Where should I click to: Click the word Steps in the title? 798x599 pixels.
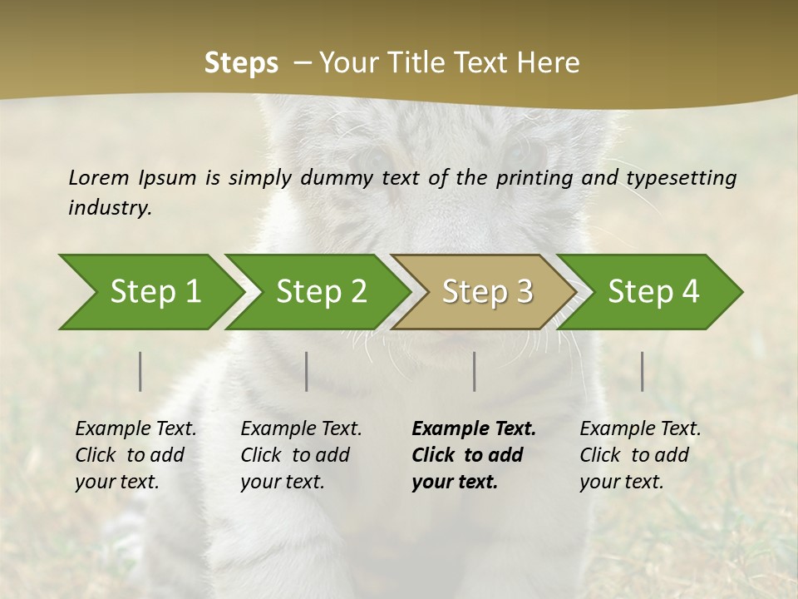tap(241, 62)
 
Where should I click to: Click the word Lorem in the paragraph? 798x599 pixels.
tap(99, 177)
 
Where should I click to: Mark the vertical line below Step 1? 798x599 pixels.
tap(140, 371)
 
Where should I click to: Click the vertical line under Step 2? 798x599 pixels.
tap(307, 371)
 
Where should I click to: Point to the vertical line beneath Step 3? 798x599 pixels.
tap(475, 371)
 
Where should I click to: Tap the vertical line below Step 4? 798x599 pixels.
tap(643, 371)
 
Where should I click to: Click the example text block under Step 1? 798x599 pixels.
tap(135, 455)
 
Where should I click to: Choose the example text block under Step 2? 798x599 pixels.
tap(301, 455)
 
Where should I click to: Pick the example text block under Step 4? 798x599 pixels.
tap(640, 455)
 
